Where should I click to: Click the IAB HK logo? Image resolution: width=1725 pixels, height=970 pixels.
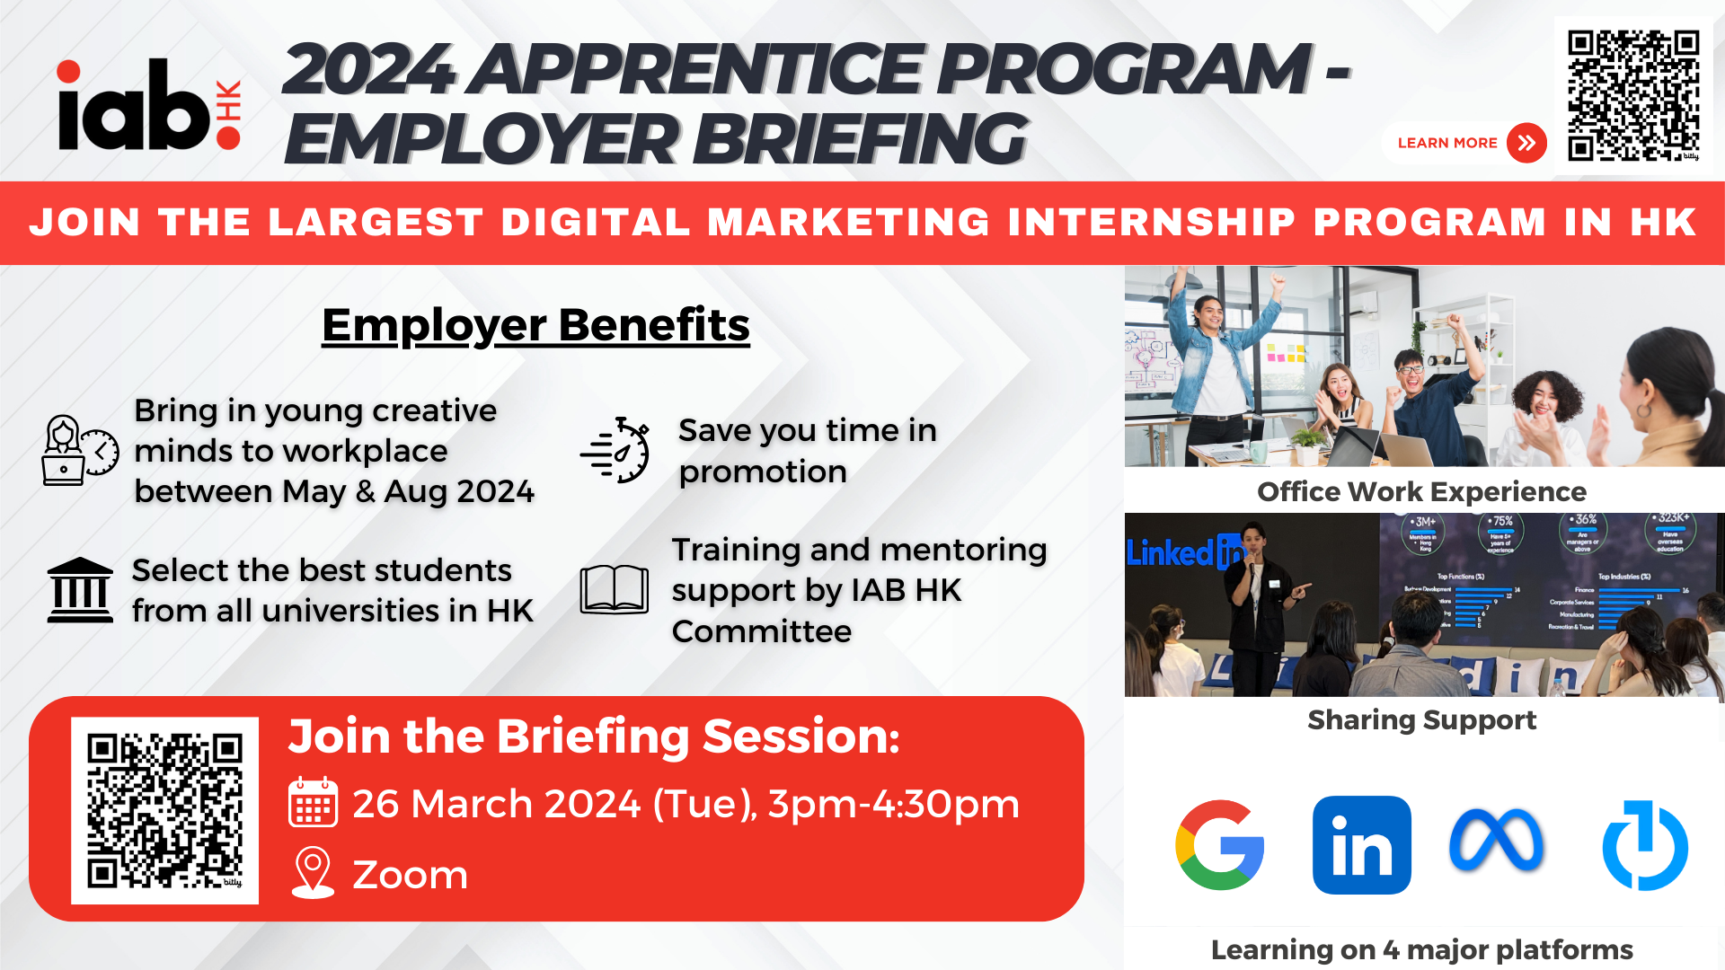(148, 106)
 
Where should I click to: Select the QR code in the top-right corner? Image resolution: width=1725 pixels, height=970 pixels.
(1632, 94)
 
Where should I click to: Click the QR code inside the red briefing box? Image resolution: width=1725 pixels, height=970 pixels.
(164, 810)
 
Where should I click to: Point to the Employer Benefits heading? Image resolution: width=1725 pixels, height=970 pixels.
(535, 325)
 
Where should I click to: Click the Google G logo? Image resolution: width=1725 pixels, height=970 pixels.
(1219, 845)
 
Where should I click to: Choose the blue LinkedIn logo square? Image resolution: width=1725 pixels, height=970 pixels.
(1361, 845)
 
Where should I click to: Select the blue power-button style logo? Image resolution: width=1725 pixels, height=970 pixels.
(1645, 845)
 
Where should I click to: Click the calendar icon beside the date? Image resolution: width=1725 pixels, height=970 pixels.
(313, 802)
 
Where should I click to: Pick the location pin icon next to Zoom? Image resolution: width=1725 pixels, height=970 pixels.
(313, 873)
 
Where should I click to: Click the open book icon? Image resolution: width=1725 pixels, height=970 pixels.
(615, 589)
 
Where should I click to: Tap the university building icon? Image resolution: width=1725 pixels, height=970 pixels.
(80, 590)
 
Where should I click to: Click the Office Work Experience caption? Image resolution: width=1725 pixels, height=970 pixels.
(1421, 492)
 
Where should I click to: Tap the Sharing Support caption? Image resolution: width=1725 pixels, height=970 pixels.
(1421, 720)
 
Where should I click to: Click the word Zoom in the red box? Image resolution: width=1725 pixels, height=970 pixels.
(410, 875)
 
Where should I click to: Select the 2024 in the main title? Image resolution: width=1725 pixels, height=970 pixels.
(368, 70)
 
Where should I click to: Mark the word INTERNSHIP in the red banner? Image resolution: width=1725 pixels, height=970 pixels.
(1152, 223)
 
